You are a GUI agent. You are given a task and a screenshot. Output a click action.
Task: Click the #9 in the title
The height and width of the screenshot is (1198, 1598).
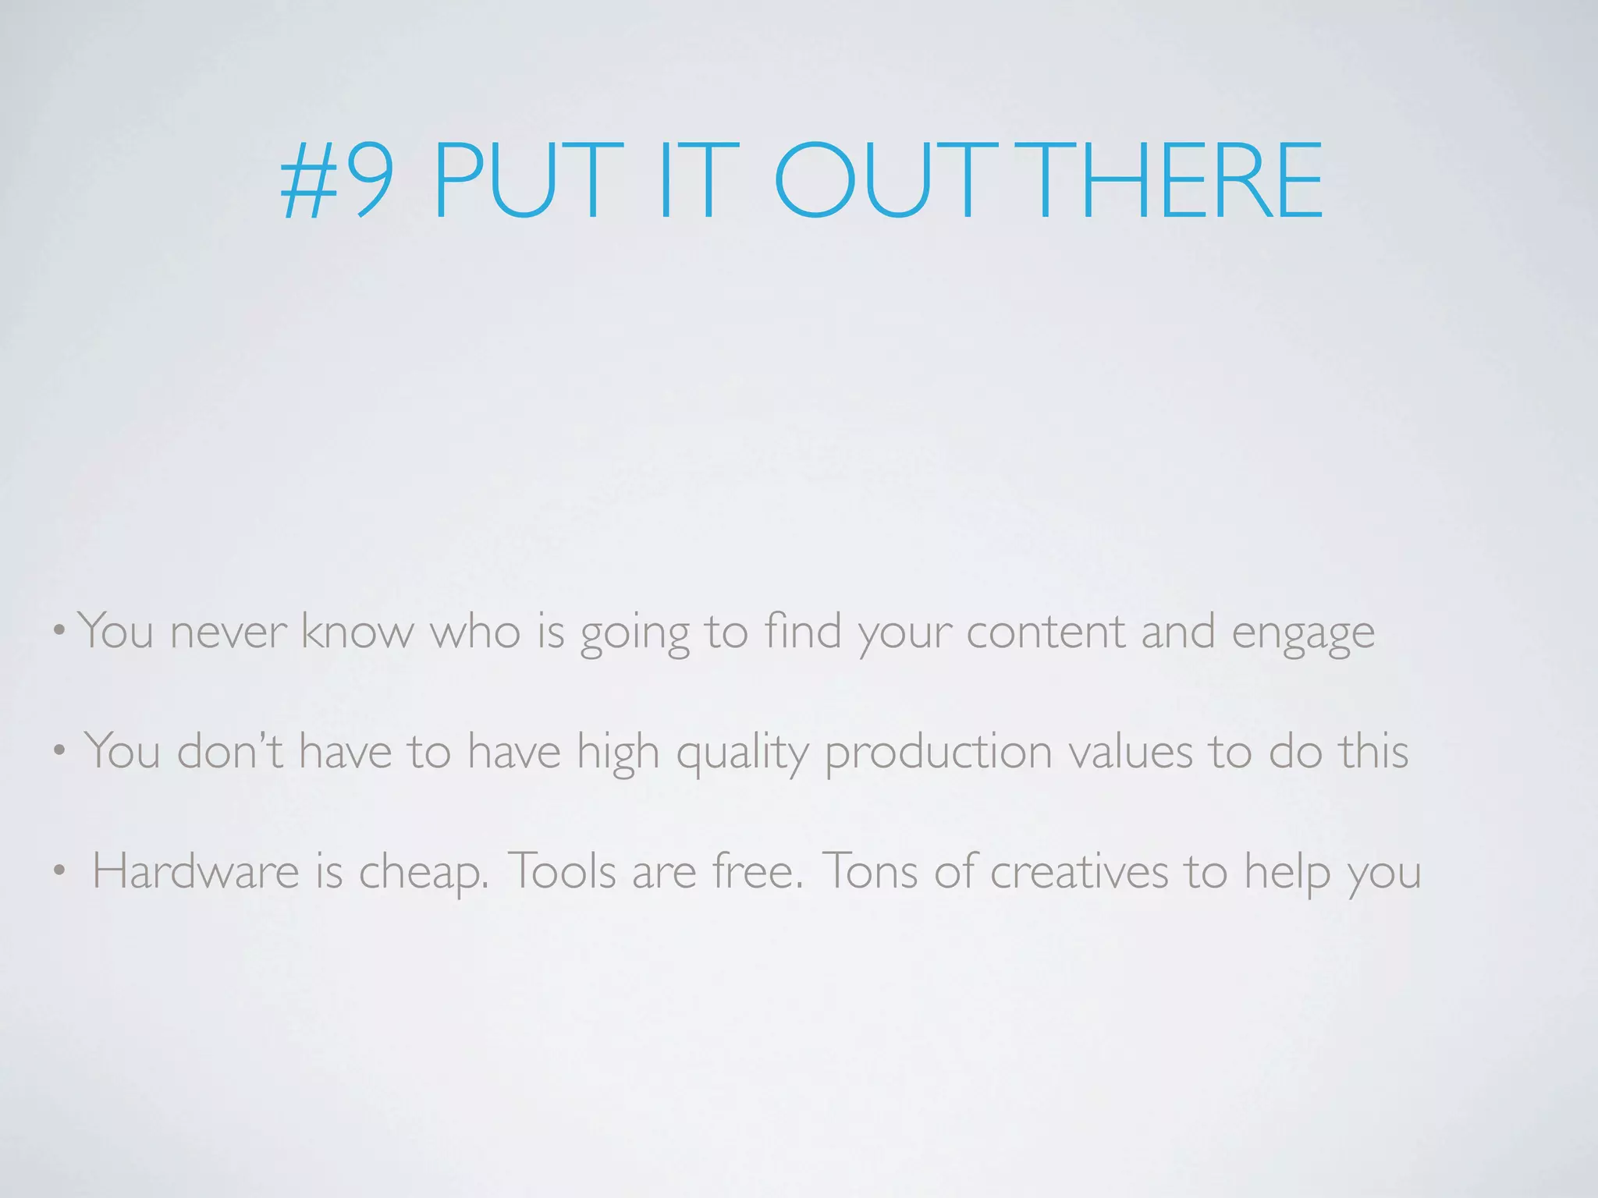[x=337, y=181]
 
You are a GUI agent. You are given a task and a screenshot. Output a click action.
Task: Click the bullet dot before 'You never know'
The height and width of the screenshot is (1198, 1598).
[x=60, y=630]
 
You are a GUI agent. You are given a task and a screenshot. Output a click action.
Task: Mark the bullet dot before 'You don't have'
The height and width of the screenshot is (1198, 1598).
[x=60, y=752]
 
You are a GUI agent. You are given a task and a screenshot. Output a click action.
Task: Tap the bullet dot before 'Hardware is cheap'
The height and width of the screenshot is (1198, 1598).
[x=60, y=872]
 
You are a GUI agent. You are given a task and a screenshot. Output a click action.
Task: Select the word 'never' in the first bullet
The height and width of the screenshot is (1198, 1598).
[x=228, y=632]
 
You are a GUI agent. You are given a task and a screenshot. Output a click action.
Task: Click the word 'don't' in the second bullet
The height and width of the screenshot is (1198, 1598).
[x=229, y=750]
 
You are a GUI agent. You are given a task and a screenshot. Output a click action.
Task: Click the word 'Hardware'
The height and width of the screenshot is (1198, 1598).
[x=196, y=870]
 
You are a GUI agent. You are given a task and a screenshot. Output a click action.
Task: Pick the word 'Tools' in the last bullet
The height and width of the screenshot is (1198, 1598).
[x=562, y=870]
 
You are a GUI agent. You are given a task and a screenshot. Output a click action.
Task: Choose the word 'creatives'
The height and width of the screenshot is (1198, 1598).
[x=1079, y=870]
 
